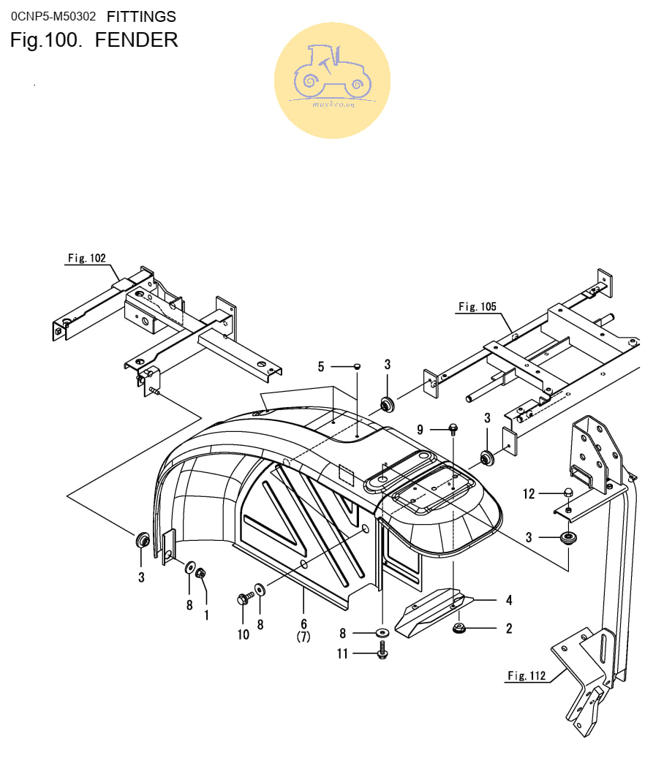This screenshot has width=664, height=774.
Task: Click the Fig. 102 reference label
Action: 87,258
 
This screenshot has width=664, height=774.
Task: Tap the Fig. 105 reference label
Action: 478,306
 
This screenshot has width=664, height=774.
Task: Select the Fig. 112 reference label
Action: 527,675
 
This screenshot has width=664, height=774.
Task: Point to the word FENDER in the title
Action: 136,40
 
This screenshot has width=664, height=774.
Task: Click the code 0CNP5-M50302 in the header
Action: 53,17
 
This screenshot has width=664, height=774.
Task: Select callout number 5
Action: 321,367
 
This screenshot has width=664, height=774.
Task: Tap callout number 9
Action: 420,430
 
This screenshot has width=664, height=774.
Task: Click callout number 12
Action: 529,493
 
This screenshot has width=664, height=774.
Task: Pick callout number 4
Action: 509,600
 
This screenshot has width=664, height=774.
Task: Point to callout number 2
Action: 509,629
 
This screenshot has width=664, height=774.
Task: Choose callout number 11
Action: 342,654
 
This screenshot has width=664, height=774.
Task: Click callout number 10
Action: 243,635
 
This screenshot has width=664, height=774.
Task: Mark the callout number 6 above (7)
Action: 303,624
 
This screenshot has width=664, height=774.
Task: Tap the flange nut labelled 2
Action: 459,628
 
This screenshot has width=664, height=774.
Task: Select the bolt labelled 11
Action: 382,650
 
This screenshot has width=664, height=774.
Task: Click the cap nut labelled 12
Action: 568,492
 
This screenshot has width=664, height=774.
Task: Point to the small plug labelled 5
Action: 357,366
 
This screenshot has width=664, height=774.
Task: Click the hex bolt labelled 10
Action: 245,599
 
